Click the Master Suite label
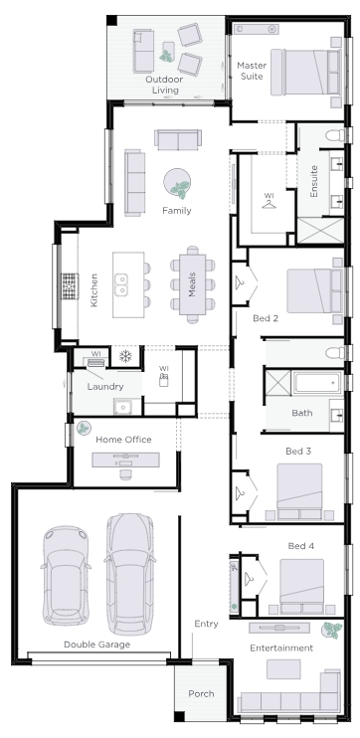click(x=252, y=71)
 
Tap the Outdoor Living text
click(x=164, y=85)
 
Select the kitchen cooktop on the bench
click(x=70, y=286)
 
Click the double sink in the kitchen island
click(x=121, y=285)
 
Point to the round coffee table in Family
click(x=177, y=182)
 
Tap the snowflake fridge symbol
click(x=125, y=356)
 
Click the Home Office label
click(x=123, y=440)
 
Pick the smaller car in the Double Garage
click(x=66, y=575)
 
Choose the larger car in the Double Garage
click(x=129, y=574)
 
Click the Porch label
click(x=202, y=694)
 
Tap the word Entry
click(x=206, y=624)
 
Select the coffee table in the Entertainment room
click(x=283, y=668)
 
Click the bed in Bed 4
click(x=301, y=587)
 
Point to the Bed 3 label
click(x=298, y=452)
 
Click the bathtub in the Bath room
click(x=318, y=383)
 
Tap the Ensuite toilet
click(x=335, y=135)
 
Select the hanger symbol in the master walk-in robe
click(x=269, y=204)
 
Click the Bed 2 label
click(x=266, y=318)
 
